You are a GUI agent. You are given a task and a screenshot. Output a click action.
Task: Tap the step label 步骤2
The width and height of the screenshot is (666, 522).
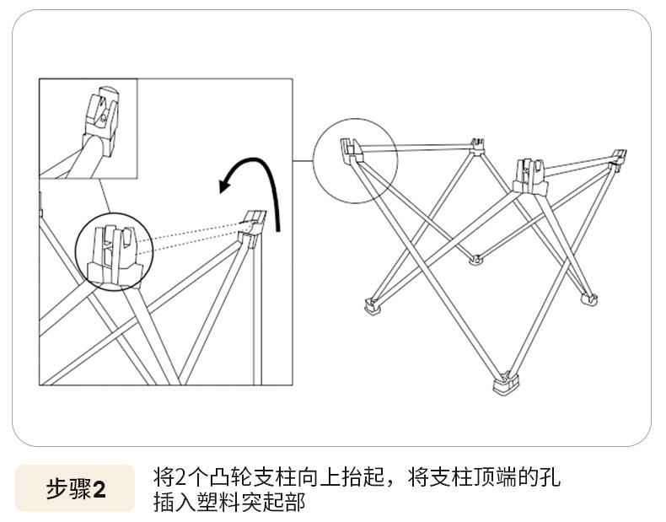[x=75, y=489]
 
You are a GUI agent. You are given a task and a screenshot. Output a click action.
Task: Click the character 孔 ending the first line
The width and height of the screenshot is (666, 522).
[x=550, y=478]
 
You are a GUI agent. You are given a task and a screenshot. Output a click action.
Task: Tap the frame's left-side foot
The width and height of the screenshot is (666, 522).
[x=371, y=305]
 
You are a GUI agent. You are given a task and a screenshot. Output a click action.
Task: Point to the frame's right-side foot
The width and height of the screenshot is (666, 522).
[x=588, y=297]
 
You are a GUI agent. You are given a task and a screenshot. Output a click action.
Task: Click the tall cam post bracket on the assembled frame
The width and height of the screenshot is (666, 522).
[x=528, y=173]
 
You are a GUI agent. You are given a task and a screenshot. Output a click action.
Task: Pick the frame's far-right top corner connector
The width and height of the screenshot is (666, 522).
[x=619, y=156]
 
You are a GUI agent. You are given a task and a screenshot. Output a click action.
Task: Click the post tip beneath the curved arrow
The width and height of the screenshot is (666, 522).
[x=253, y=223]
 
